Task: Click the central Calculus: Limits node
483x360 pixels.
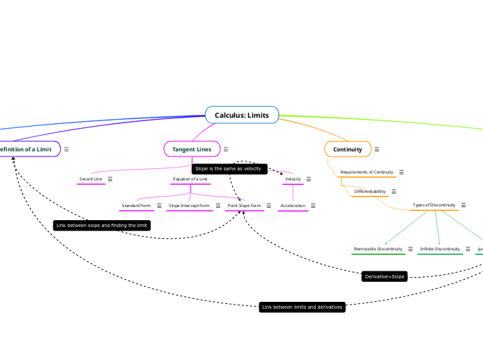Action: coord(242,115)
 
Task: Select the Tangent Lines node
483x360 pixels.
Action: coord(191,150)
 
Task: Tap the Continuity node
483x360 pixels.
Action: coord(347,150)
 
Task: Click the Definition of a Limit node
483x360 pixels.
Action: coord(26,150)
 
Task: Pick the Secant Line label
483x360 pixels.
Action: coord(91,179)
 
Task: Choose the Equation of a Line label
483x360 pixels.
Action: coord(190,179)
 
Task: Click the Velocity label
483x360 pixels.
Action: coord(293,179)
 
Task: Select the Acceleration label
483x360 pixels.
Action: coord(292,206)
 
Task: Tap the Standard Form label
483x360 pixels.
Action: coord(136,206)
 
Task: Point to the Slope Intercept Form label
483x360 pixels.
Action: coord(189,206)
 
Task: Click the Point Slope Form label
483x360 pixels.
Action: coord(244,206)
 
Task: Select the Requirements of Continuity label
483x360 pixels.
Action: coord(367,172)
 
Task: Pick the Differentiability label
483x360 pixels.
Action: coord(369,192)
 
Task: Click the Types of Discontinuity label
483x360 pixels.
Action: coord(434,206)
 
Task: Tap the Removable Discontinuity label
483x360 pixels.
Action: coord(378,249)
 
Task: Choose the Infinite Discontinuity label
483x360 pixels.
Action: coord(440,249)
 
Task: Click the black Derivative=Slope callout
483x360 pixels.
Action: coord(384,277)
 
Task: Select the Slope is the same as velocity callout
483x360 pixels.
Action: coord(229,169)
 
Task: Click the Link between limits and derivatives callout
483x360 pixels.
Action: coord(302,307)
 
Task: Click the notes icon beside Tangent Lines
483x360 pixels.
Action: coord(226,150)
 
